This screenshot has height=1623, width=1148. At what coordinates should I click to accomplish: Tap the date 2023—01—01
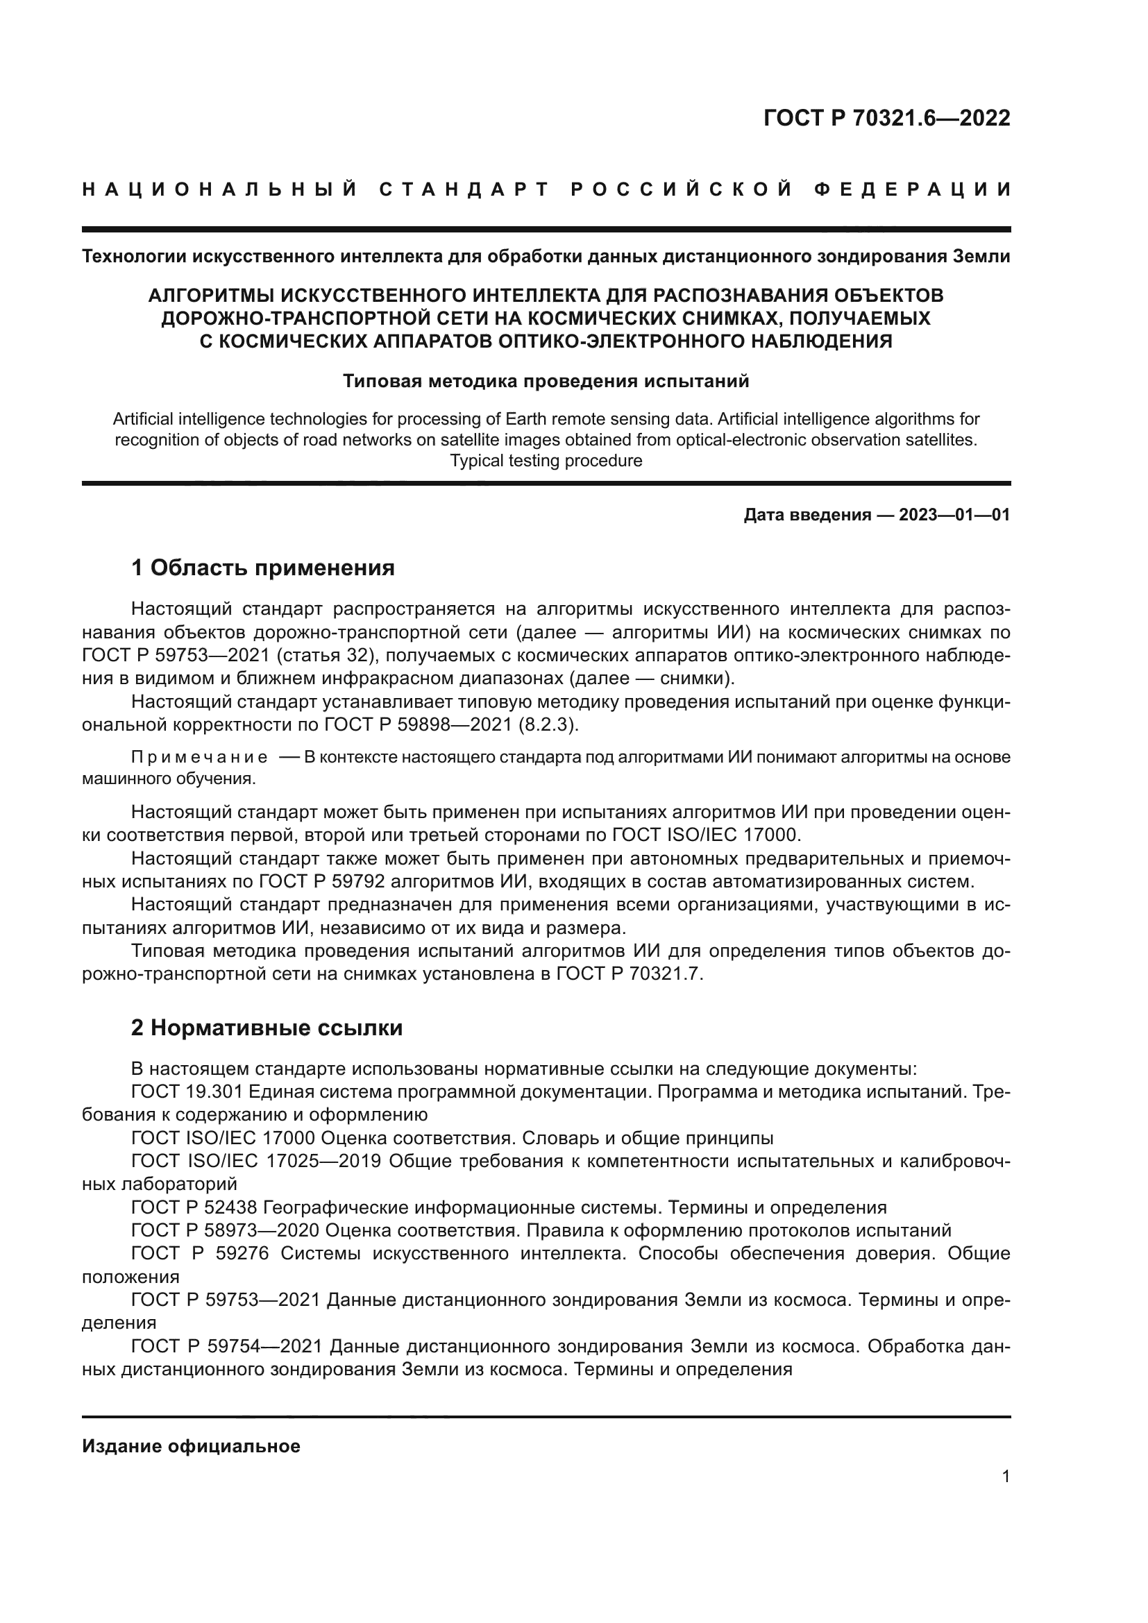[x=954, y=515]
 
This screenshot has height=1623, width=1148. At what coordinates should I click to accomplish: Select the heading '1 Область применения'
[x=262, y=567]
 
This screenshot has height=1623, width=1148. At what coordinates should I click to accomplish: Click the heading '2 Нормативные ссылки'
[x=267, y=1027]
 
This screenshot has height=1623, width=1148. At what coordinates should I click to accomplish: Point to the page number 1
[x=1005, y=1476]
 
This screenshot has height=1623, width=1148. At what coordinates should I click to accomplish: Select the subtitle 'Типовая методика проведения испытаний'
[x=546, y=382]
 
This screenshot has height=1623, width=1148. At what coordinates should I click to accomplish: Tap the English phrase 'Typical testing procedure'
[x=546, y=461]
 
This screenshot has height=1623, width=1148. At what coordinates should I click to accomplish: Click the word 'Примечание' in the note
[x=199, y=757]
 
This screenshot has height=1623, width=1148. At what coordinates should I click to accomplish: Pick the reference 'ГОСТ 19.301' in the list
[x=187, y=1091]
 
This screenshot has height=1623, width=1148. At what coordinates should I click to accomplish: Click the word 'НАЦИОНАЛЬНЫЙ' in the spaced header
[x=219, y=189]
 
